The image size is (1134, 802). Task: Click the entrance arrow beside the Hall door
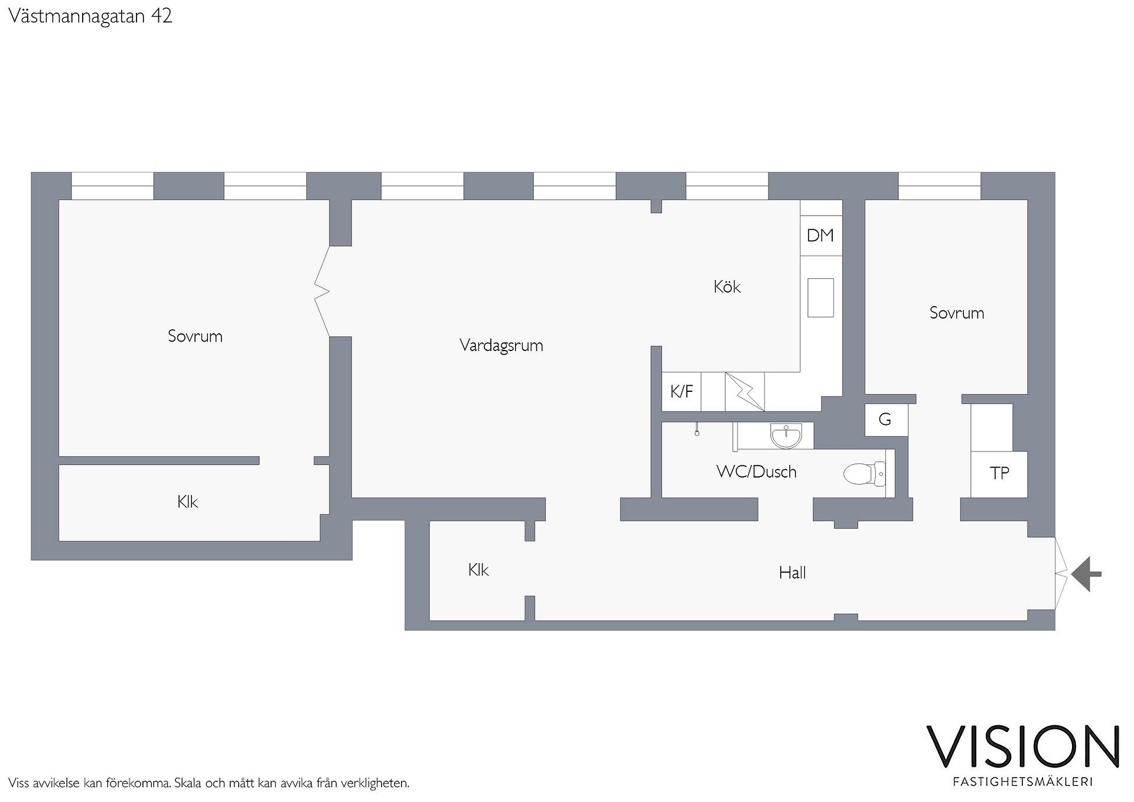1086,574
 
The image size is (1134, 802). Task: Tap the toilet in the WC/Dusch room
865,473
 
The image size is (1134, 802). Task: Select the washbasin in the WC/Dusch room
786,436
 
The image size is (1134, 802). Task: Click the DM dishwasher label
820,235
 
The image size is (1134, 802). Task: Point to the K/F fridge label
682,391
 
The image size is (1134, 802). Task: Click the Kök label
727,287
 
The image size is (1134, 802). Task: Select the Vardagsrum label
501,345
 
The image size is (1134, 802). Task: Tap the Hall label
792,572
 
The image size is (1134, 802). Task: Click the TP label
999,473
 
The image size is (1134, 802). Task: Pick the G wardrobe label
885,420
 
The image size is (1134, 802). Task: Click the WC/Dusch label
756,472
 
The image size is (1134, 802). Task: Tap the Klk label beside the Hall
478,570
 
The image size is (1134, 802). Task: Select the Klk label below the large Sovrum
187,502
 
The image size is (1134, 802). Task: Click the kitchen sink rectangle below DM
820,298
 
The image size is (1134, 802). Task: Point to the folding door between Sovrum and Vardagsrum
322,291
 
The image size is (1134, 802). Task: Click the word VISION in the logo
1022,746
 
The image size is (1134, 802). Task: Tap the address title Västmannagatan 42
90,16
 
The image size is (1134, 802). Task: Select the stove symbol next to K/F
745,391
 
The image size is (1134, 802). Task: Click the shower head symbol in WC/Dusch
698,430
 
